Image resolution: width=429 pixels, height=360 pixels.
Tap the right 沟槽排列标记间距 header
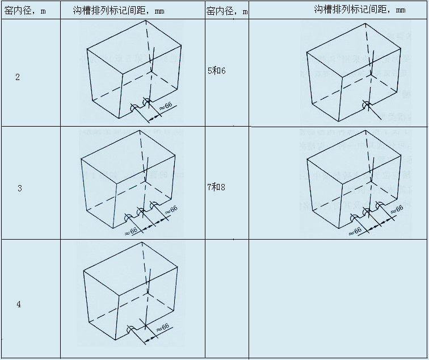point(360,10)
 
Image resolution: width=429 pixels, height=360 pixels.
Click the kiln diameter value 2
point(18,77)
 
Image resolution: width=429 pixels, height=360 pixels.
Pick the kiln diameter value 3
point(19,188)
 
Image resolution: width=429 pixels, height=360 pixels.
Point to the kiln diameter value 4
point(19,304)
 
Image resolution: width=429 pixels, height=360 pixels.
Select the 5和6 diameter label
point(216,72)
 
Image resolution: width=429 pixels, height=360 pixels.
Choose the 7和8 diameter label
point(216,187)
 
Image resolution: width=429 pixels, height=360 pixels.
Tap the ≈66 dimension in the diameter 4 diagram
point(162,329)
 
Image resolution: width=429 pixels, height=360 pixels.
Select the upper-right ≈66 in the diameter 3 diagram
point(170,211)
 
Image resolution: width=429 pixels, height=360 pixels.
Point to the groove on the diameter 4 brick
point(131,328)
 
